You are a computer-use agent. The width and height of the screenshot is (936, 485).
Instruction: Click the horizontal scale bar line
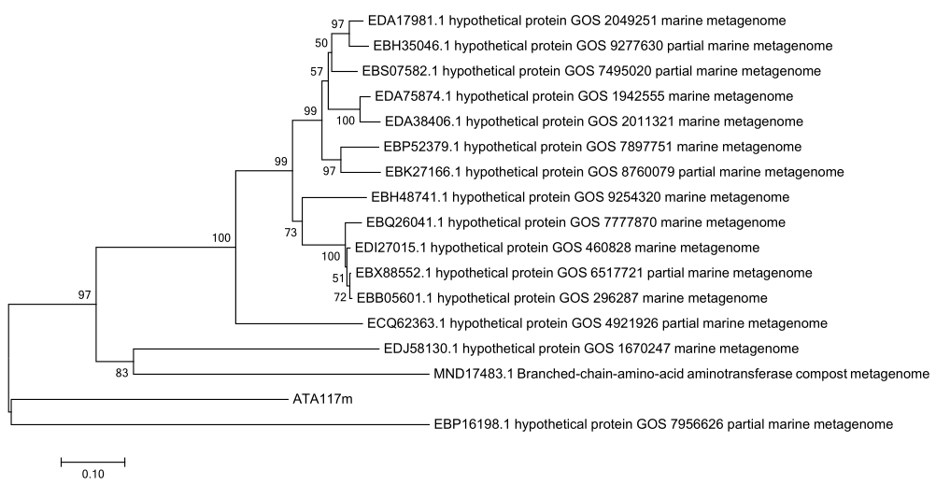tap(92, 461)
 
